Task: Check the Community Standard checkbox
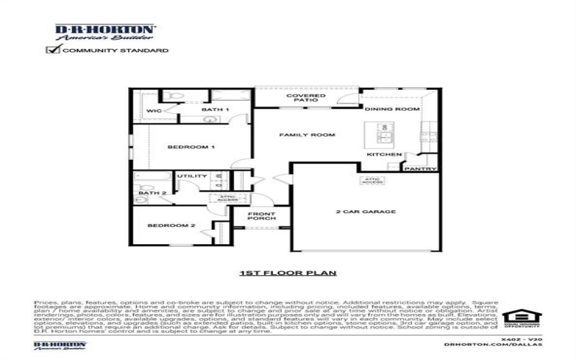(x=52, y=50)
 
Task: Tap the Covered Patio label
(x=301, y=98)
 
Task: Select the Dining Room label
(x=392, y=109)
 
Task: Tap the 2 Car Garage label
(x=366, y=212)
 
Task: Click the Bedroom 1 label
(x=181, y=147)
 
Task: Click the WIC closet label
(x=154, y=111)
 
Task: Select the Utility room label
(x=192, y=176)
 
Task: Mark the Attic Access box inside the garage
(x=372, y=181)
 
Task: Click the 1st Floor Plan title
(x=288, y=274)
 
